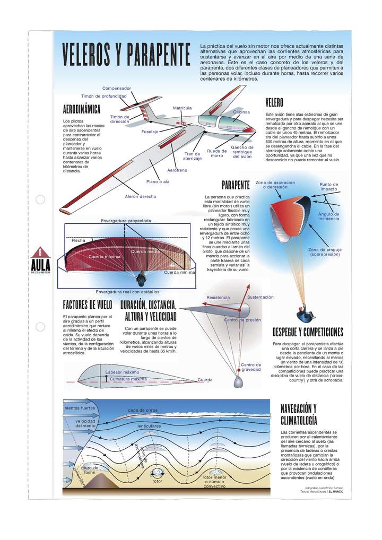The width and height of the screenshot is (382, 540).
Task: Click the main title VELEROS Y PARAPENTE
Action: click(x=126, y=54)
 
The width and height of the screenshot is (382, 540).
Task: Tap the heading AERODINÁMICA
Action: click(x=82, y=109)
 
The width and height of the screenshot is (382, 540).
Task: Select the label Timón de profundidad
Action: click(x=103, y=96)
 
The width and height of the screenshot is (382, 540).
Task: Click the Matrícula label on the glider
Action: click(x=182, y=108)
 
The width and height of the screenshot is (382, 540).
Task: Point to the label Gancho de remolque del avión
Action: click(x=242, y=152)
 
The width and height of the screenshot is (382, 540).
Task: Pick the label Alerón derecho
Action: click(x=140, y=196)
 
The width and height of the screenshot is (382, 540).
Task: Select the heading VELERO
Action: click(x=274, y=102)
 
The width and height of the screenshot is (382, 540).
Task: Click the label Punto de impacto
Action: click(x=329, y=187)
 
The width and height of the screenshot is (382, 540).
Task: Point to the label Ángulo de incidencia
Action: click(x=328, y=216)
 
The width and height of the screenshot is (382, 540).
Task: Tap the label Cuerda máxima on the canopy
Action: click(x=105, y=257)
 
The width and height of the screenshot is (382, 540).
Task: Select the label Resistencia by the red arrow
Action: click(x=218, y=297)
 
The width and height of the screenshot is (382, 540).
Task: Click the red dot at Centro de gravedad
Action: click(x=239, y=370)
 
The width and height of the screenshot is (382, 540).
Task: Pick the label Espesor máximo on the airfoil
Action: click(x=122, y=372)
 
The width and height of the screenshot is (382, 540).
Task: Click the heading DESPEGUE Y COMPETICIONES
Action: click(x=308, y=332)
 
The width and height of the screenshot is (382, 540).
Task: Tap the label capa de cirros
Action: click(x=143, y=410)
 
